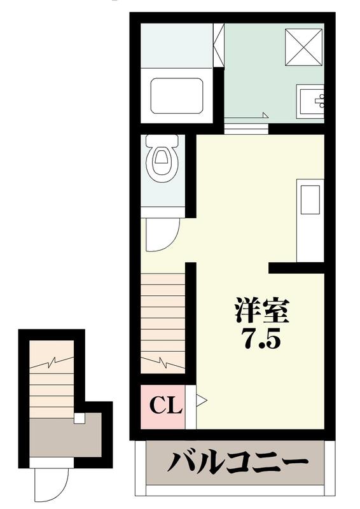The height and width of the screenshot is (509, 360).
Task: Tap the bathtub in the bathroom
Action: (177, 96)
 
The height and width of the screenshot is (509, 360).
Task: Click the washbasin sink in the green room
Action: (312, 100)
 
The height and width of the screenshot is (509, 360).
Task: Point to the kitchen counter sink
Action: (311, 199)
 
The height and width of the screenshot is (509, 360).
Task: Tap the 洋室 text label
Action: (261, 311)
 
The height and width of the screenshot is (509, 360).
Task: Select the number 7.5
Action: (261, 340)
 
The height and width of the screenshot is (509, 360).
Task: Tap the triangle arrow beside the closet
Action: (201, 400)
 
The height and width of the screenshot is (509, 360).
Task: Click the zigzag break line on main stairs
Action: (163, 364)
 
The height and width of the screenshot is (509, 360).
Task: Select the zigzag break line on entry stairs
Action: (51, 363)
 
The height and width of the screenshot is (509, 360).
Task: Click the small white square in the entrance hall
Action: (79, 418)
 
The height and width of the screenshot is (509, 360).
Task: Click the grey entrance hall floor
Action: (64, 439)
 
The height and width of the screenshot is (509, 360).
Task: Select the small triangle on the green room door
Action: (265, 115)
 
